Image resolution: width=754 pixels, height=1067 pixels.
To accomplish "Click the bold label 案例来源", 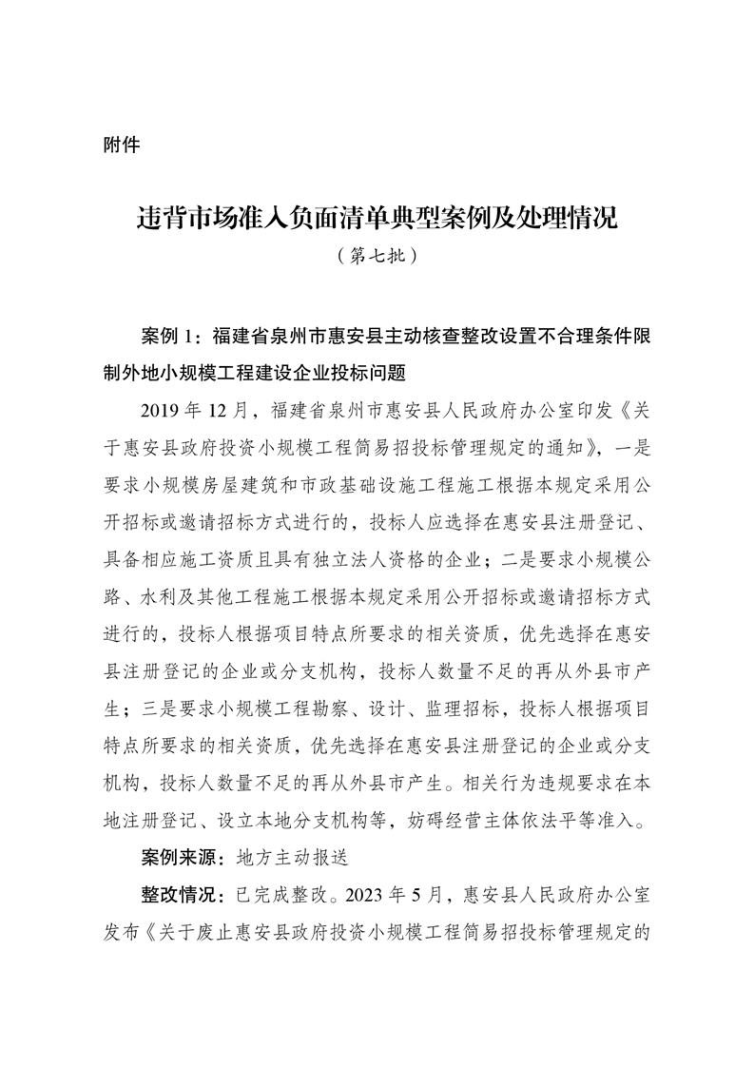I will click(x=180, y=856).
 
